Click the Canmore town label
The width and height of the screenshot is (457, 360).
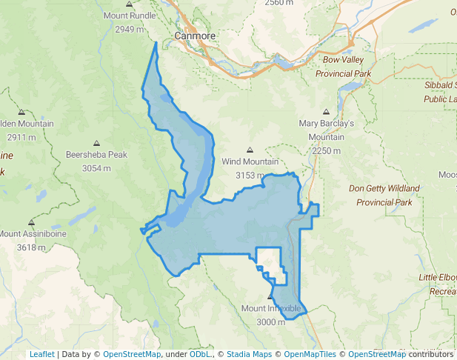click(196, 36)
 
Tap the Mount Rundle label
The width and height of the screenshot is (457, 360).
click(130, 16)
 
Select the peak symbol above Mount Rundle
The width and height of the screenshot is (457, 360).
click(130, 4)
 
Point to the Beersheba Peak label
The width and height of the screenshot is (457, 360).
click(96, 156)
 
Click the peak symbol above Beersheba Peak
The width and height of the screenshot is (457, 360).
click(96, 144)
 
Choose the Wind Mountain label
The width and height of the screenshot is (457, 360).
click(250, 161)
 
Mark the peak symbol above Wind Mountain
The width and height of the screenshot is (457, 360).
click(250, 150)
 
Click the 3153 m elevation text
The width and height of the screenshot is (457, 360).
click(250, 176)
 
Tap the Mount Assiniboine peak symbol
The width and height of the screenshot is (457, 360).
click(31, 222)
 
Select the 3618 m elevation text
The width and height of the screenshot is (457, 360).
click(30, 247)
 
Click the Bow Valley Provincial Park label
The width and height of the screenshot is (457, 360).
click(343, 67)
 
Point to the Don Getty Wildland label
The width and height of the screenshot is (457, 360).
click(384, 188)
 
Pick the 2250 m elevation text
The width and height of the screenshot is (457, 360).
click(326, 150)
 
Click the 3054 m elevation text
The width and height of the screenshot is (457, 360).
click(96, 168)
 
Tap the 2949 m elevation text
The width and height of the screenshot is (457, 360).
click(130, 29)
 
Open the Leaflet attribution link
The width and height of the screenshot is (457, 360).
click(41, 354)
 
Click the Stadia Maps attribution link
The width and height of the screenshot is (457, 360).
click(248, 354)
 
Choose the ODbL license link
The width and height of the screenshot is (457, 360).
click(200, 354)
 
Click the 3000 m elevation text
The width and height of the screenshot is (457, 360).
click(271, 322)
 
